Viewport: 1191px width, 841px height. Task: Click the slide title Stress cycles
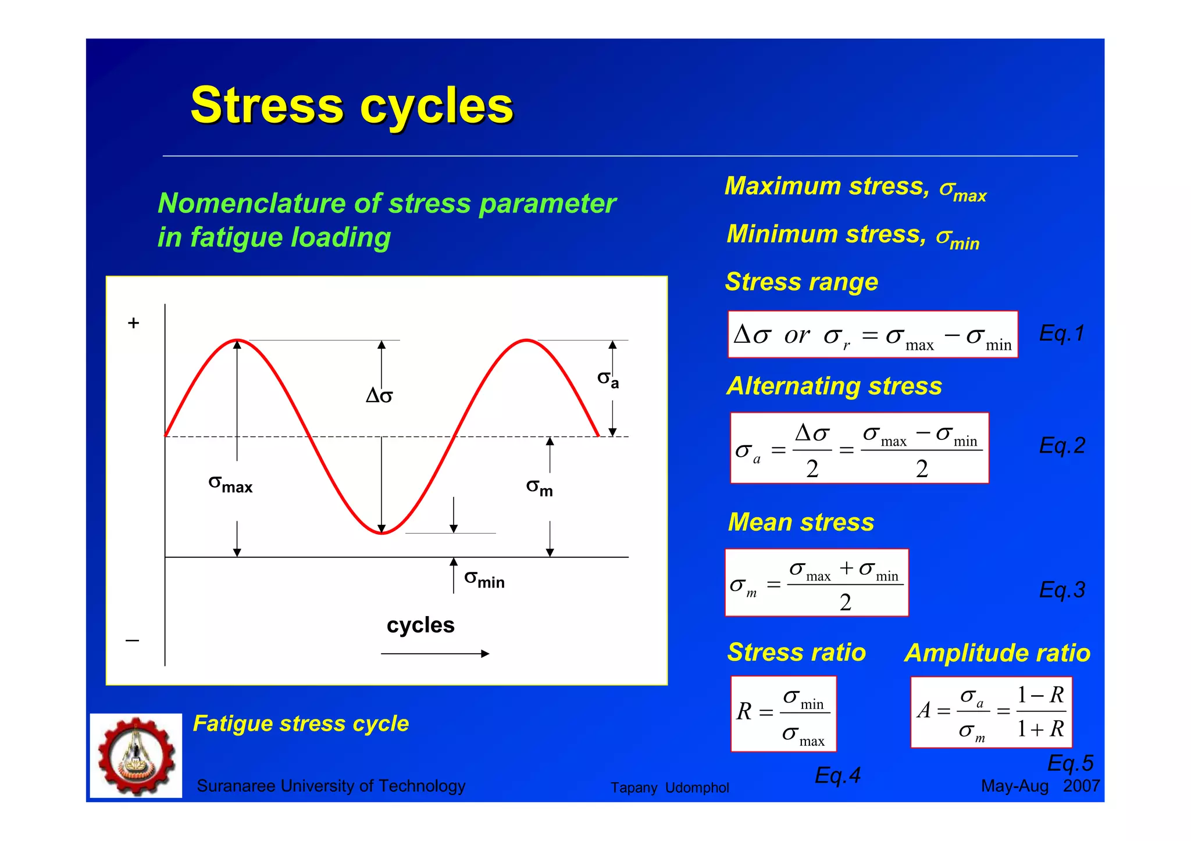point(352,106)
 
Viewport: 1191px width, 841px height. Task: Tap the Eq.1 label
point(1061,334)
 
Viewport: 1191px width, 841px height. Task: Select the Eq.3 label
point(1061,590)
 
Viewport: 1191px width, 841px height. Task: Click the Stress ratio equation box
point(783,714)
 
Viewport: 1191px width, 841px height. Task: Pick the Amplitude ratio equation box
point(991,712)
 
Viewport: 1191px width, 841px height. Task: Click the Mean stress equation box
point(816,582)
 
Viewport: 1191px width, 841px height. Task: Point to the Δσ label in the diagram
point(379,396)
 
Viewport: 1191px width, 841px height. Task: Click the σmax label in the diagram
point(230,484)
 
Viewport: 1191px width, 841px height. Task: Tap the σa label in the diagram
point(608,380)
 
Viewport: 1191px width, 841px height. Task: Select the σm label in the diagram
point(539,487)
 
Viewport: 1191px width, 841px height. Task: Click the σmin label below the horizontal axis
point(484,579)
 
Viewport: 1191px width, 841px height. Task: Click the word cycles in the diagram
point(420,625)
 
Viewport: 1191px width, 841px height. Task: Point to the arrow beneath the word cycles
point(435,654)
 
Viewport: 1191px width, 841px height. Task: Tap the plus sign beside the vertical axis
point(134,323)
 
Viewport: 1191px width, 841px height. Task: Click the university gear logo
point(136,756)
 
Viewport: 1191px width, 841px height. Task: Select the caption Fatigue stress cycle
point(301,724)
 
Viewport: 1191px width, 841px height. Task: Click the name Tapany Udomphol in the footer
point(669,788)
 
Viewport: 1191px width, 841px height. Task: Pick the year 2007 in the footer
point(1081,786)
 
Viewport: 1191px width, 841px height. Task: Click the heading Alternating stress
point(834,386)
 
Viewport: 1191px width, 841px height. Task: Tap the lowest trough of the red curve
point(382,532)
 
